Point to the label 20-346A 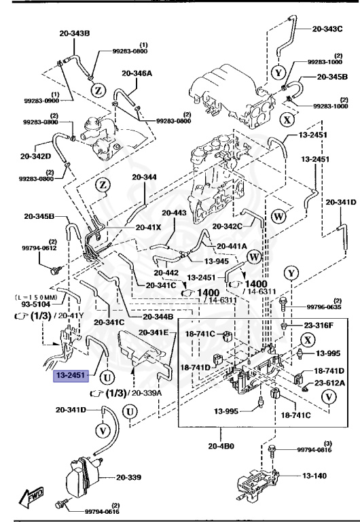(x=137, y=73)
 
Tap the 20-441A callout (x=232, y=246)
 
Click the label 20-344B (x=158, y=317)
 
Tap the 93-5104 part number (x=26, y=304)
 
